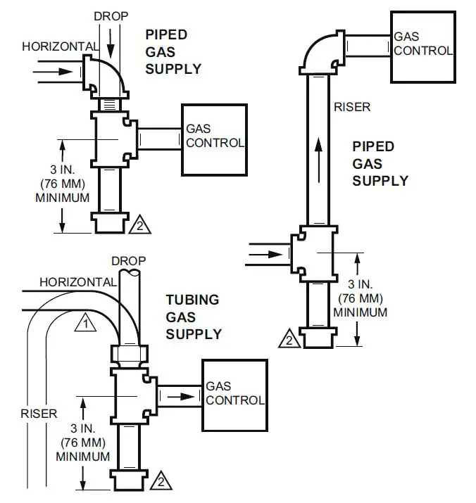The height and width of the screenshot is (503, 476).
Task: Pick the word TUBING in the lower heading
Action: (192, 300)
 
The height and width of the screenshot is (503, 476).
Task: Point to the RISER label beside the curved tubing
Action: (39, 414)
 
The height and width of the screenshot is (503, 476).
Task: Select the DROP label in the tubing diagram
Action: (128, 261)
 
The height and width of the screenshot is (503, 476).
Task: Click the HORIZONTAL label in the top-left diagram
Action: (59, 46)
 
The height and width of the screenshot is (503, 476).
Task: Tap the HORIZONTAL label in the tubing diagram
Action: (77, 281)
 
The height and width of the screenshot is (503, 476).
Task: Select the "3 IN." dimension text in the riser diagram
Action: (361, 286)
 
